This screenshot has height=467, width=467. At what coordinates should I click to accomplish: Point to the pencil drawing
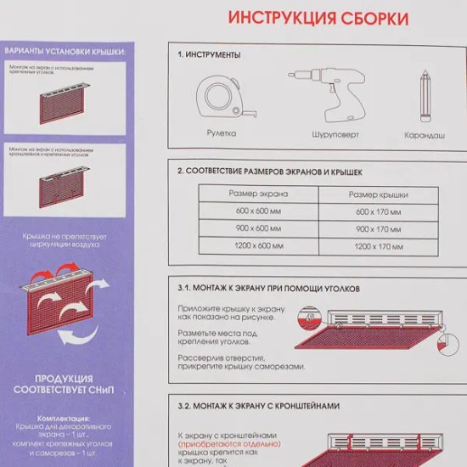(x=422, y=95)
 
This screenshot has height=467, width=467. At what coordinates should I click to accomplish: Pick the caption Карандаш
(x=422, y=135)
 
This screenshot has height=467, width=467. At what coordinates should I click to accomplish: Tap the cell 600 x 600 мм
(x=256, y=211)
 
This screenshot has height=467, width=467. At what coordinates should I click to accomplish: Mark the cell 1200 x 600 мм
(x=256, y=245)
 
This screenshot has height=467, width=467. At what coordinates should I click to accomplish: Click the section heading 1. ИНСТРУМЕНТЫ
(x=210, y=54)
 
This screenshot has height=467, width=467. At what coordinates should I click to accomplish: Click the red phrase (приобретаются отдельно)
(x=221, y=443)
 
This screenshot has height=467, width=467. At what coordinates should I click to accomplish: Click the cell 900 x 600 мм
(x=256, y=228)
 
